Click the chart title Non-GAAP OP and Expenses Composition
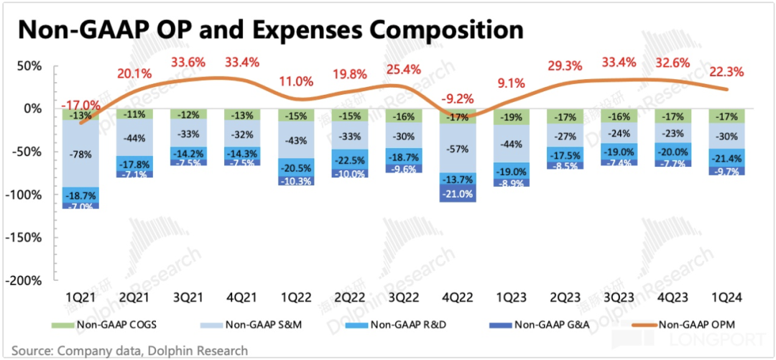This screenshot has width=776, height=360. tap(270, 29)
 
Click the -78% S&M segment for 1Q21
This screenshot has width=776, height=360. tap(80, 154)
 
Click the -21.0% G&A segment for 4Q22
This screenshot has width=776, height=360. tap(458, 193)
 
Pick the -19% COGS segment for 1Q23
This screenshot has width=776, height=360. tap(512, 116)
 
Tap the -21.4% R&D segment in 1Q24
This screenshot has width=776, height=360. tap(726, 158)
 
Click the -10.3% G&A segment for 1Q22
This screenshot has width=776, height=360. tap(296, 182)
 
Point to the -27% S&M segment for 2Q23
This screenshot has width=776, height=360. tap(565, 137)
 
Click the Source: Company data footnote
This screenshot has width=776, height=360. tap(129, 351)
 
